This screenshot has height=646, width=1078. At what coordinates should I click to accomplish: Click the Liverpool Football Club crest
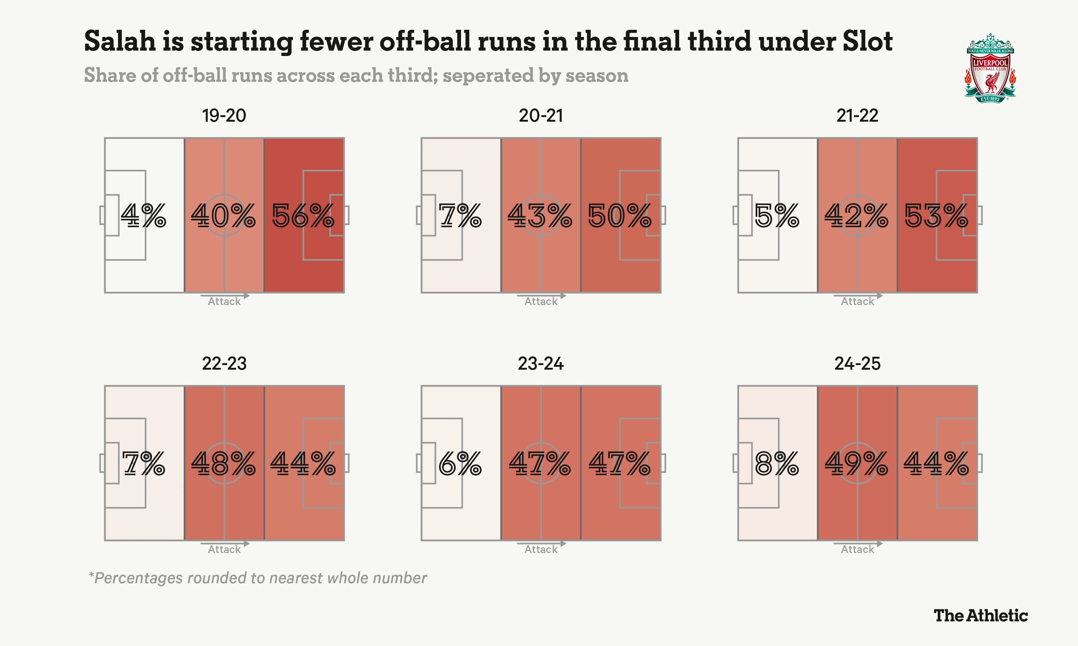point(990,68)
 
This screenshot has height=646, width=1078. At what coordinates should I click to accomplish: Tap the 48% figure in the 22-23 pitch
point(224,463)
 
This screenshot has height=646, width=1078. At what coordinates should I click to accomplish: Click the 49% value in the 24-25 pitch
point(857,463)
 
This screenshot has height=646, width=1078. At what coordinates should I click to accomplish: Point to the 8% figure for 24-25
point(777,463)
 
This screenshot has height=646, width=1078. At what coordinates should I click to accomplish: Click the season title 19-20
point(224,116)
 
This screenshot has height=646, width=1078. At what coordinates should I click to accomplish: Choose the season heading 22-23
point(224,364)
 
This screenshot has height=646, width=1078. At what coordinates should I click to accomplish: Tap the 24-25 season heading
point(857,364)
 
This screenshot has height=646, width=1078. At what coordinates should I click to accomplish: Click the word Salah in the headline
point(120,41)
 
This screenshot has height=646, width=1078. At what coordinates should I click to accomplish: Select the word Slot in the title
point(867,41)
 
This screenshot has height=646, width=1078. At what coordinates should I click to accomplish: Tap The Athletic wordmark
point(980,615)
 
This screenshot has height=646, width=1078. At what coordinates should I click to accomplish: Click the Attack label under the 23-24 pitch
point(541,549)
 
